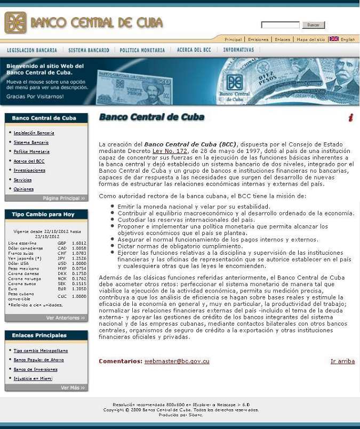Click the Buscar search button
(x=313, y=25)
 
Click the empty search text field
(x=280, y=25)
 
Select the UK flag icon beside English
(x=334, y=39)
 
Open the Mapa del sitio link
(x=310, y=39)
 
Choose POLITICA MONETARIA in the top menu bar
(x=142, y=50)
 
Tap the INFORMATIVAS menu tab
(x=238, y=50)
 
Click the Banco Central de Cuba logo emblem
(x=15, y=23)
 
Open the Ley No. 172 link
(x=170, y=151)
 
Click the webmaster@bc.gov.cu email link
(x=177, y=361)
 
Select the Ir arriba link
(x=342, y=361)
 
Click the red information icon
(x=350, y=118)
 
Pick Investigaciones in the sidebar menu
(x=29, y=171)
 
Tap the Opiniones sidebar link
(x=23, y=189)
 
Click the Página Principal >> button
(x=63, y=198)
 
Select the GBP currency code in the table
(x=62, y=243)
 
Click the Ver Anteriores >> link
(x=65, y=318)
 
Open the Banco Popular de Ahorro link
(x=38, y=360)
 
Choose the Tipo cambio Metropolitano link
(x=40, y=351)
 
